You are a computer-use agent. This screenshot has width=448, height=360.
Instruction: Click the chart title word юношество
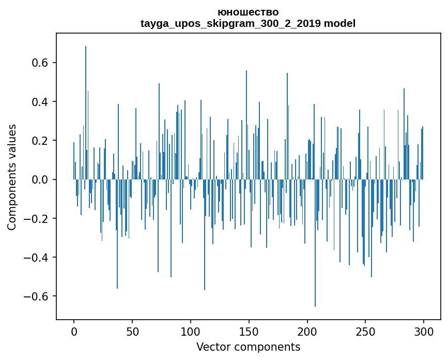pos(248,12)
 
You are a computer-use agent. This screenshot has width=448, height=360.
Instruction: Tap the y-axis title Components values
pos(12,177)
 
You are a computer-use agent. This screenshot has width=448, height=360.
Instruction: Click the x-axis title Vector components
pos(248,347)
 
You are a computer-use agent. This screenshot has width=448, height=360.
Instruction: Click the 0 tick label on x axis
pos(74,331)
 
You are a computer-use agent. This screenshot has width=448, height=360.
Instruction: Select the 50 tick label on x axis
pos(132,331)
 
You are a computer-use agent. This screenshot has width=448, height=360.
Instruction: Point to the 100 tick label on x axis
pos(191,331)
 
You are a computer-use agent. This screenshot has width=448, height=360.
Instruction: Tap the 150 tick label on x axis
pos(249,331)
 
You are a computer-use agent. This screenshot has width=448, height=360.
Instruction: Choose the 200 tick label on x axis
pos(307,331)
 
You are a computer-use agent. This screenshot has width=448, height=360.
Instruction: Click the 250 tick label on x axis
pos(365,331)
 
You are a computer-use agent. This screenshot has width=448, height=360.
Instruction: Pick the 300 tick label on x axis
pos(424,331)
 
